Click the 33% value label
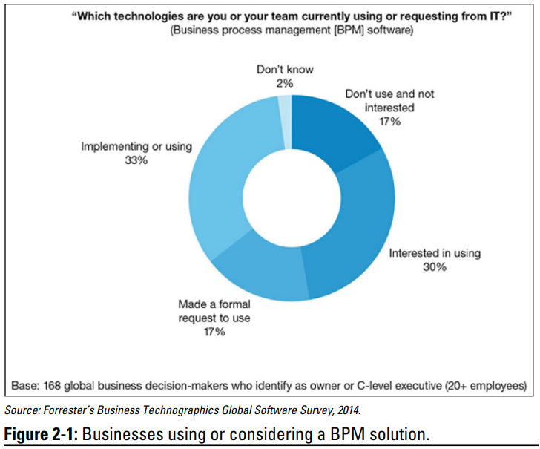[x=136, y=160]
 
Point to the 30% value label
[x=435, y=266]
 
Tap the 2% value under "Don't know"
[x=285, y=83]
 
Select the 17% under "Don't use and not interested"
[x=389, y=121]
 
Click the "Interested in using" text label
[x=435, y=253]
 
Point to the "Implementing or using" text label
[x=136, y=146]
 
